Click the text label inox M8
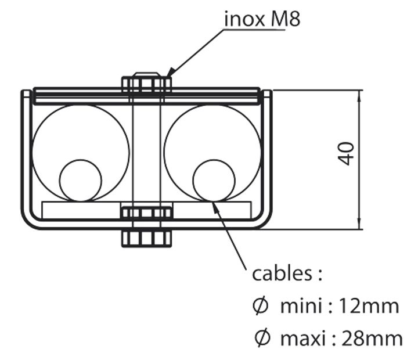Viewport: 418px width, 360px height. [262, 19]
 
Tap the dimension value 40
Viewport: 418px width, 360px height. [347, 153]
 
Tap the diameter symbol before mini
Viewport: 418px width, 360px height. [261, 307]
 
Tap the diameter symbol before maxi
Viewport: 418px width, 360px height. [261, 337]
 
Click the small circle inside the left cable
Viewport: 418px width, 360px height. [81, 180]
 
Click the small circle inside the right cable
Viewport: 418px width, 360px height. [214, 180]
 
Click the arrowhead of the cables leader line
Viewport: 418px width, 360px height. [215, 203]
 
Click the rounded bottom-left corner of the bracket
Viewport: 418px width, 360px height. [29, 221]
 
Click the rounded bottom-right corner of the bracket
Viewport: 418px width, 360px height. [265, 221]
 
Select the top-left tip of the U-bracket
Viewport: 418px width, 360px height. [25, 92]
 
